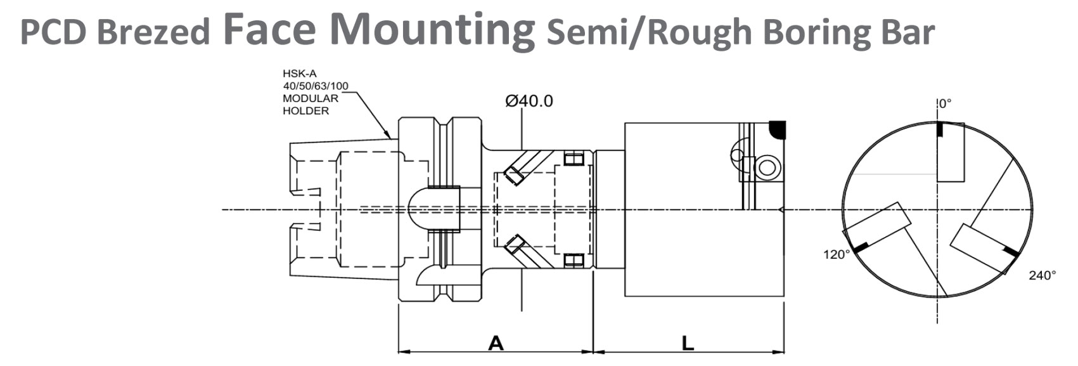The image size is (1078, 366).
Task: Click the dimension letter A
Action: click(496, 343)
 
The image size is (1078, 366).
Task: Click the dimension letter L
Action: click(688, 343)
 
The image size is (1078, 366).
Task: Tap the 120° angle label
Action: click(836, 255)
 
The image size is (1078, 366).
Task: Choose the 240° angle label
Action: click(1043, 275)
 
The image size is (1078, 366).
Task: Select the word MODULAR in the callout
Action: click(310, 98)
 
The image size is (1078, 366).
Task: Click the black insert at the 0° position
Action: click(940, 130)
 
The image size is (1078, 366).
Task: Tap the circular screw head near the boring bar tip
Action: click(767, 167)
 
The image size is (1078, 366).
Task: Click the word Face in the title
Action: click(269, 30)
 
